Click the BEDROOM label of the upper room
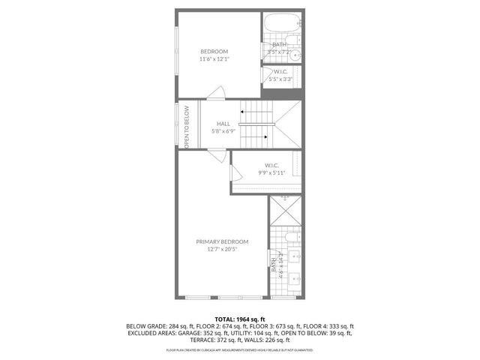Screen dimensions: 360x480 tap(214, 51)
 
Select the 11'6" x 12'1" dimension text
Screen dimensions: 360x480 tap(214, 59)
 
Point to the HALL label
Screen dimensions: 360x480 tap(223, 124)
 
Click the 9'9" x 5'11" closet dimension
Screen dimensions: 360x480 tap(271, 172)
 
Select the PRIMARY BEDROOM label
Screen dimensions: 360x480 tap(222, 241)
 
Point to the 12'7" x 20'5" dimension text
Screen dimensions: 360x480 tap(222, 250)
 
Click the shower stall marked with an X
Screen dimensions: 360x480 tap(286, 212)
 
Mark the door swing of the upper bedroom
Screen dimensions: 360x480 tap(216, 92)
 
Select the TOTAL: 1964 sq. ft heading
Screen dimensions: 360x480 tap(240, 319)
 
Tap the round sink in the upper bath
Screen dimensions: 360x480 tap(295, 55)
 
